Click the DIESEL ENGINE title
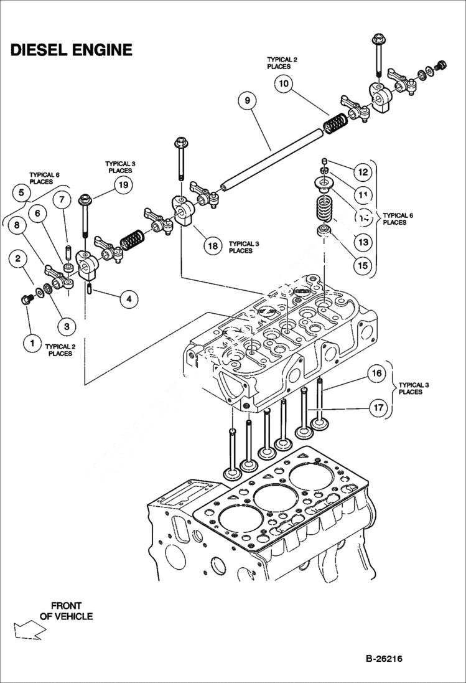71,50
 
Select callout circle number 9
247,100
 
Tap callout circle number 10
284,83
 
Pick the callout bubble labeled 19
123,185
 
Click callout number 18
213,245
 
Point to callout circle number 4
128,299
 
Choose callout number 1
29,342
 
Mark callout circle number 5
21,193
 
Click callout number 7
62,200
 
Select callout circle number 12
363,172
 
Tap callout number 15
361,265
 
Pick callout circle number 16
375,374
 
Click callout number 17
377,408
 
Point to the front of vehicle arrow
29,630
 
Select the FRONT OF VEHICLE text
67,610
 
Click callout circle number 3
66,325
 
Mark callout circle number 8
17,225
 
